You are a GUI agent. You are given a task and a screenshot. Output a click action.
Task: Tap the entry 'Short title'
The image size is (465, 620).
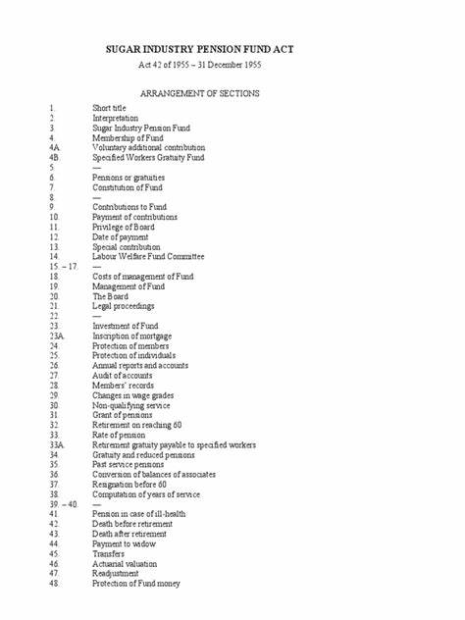110,106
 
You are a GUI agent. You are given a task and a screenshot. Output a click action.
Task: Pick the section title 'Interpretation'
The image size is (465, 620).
116,117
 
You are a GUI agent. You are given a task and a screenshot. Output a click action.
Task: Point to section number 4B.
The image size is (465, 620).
54,157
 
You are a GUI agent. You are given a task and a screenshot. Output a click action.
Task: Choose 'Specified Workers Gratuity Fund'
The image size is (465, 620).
148,157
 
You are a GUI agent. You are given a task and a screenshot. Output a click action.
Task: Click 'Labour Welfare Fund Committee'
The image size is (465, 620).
144,257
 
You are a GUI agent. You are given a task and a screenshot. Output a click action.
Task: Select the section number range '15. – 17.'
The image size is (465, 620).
61,267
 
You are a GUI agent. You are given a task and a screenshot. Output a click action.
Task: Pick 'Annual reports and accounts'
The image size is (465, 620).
140,365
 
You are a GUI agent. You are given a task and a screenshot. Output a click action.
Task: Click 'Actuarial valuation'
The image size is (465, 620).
126,564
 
